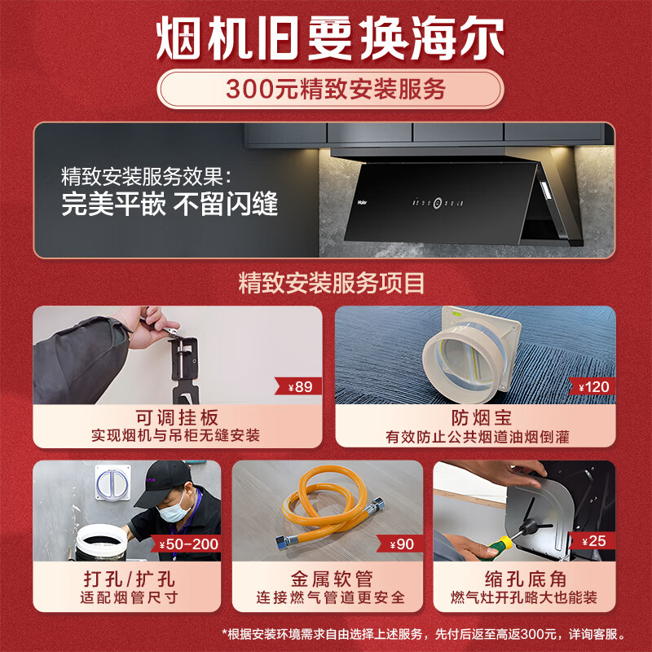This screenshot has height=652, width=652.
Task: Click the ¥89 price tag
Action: (298, 386)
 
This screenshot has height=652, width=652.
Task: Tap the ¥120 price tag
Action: (593, 386)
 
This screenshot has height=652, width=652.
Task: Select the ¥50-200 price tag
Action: (186, 544)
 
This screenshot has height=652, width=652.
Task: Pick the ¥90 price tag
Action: (400, 544)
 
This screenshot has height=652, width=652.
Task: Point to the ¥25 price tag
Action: (593, 541)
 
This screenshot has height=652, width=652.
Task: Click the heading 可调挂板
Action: (177, 417)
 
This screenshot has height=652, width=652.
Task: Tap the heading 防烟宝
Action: (482, 418)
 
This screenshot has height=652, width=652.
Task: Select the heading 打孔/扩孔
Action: (130, 579)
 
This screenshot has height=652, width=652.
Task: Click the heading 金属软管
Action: (332, 579)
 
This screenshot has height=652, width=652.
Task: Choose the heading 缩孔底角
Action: (526, 579)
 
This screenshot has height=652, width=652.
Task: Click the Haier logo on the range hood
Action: (363, 203)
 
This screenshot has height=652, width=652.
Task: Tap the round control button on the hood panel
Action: (438, 203)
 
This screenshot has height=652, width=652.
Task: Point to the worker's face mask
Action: (174, 510)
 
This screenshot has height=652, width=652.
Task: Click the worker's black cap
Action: (165, 483)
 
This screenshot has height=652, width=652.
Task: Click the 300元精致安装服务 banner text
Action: (336, 89)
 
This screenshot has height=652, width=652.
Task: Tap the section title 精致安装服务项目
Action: (332, 283)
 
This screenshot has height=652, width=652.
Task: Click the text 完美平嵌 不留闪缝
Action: (170, 204)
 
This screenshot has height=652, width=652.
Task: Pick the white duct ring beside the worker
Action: (101, 540)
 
